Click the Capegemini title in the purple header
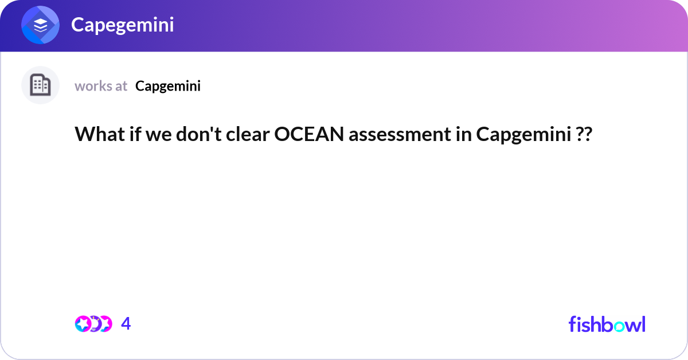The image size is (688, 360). tap(122, 25)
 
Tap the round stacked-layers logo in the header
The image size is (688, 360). tap(40, 25)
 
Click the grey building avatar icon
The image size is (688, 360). tap(40, 85)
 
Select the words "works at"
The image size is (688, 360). tap(101, 86)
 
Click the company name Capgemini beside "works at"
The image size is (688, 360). tap(168, 86)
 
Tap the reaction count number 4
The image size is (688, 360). tap(126, 324)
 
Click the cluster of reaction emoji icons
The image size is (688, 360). tap(93, 324)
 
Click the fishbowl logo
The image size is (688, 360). tap(607, 324)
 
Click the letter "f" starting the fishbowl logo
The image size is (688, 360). tap(572, 324)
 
